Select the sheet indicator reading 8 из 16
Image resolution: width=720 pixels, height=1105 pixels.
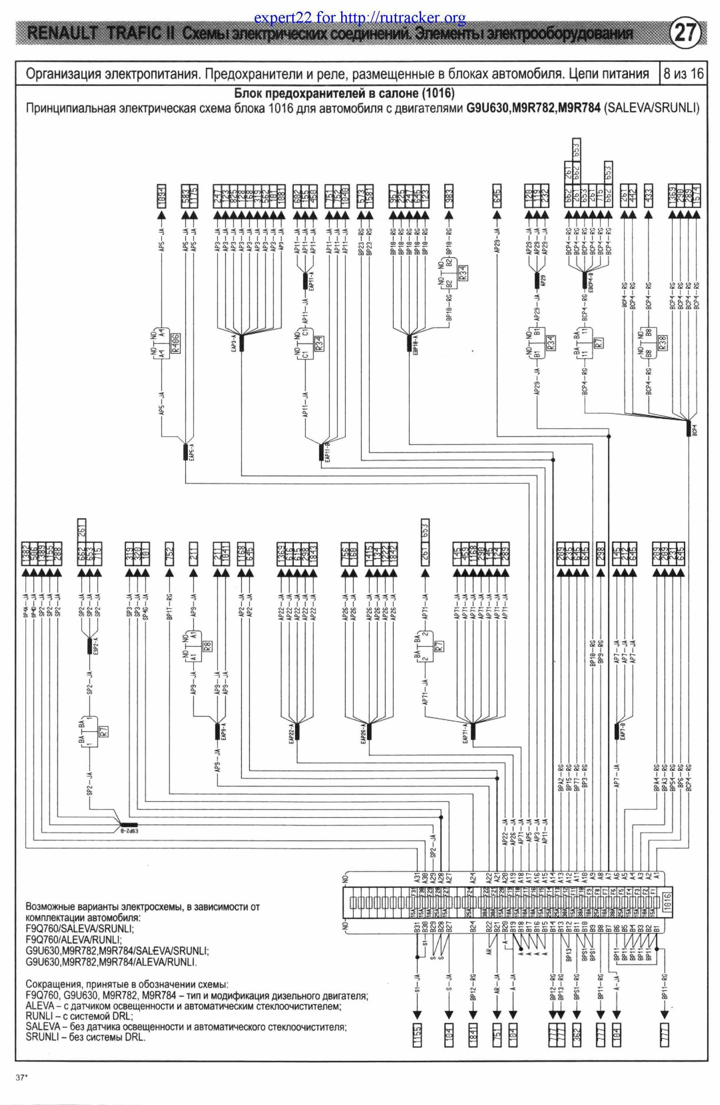[683, 74]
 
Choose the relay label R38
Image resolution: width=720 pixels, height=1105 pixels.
[663, 342]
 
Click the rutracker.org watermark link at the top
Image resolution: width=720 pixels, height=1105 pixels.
[360, 18]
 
